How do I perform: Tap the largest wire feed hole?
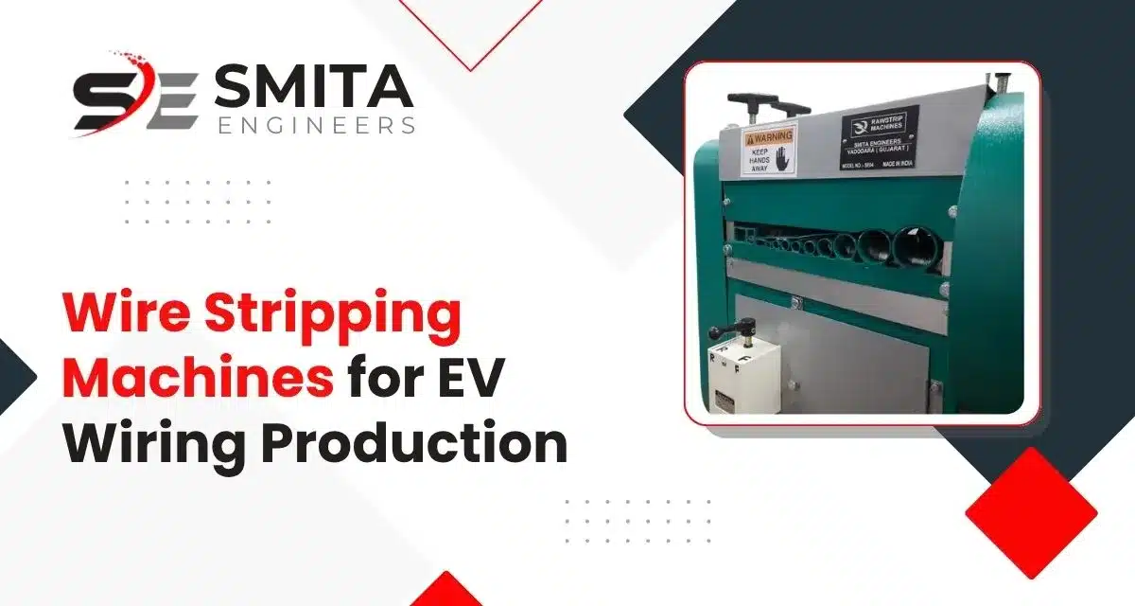pos(913,248)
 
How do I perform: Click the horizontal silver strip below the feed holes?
pos(832,278)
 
